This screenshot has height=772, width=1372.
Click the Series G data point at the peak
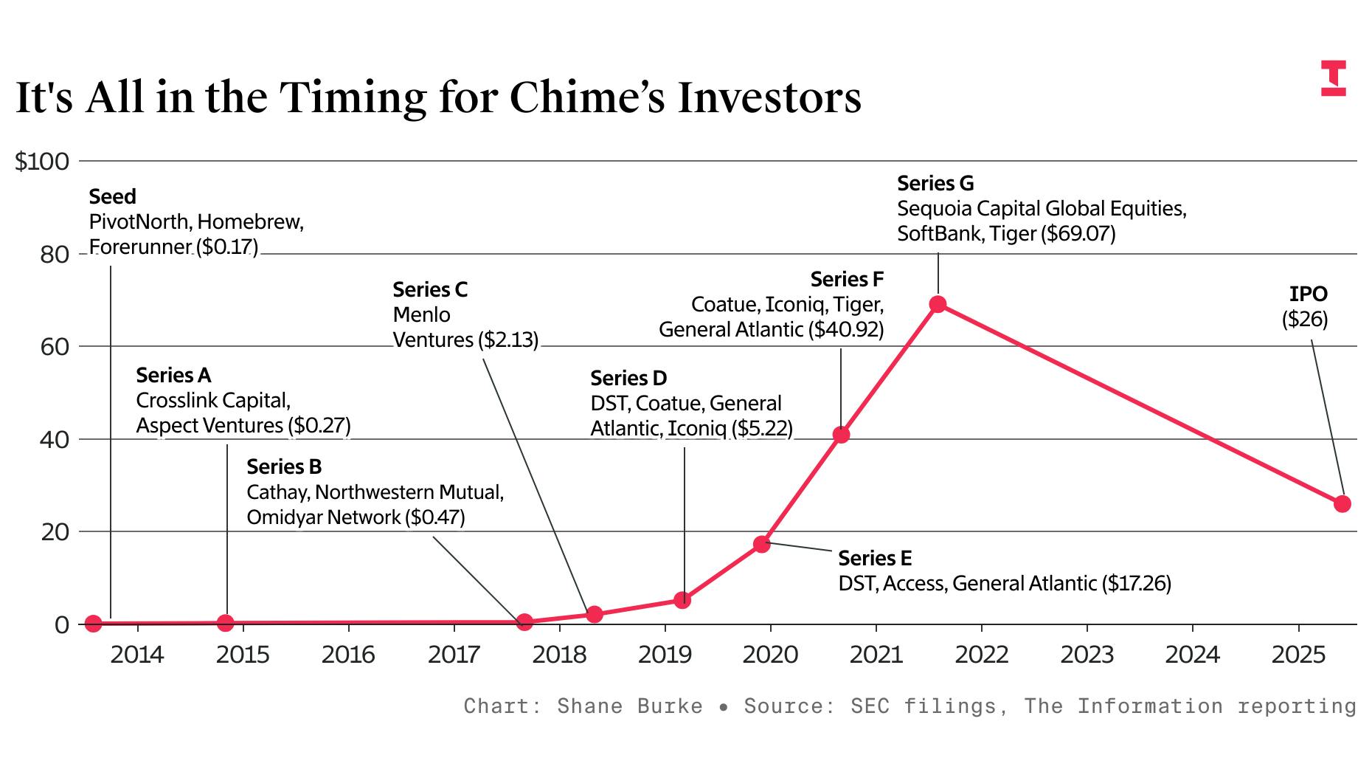pyautogui.click(x=938, y=304)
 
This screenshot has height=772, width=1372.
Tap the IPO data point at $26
pyautogui.click(x=1342, y=504)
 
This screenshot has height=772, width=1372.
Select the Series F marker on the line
pyautogui.click(x=841, y=435)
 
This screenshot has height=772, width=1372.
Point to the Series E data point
pyautogui.click(x=761, y=544)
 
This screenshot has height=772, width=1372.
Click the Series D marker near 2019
pyautogui.click(x=682, y=600)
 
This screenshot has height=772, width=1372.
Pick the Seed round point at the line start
pyautogui.click(x=93, y=624)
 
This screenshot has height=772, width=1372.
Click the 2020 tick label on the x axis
pyautogui.click(x=770, y=655)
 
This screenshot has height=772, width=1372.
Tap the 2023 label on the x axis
pyautogui.click(x=1087, y=655)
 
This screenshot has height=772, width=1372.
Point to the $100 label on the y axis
pyautogui.click(x=42, y=162)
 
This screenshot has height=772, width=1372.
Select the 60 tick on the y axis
pyautogui.click(x=55, y=347)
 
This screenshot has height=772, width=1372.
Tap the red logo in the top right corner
pyautogui.click(x=1333, y=78)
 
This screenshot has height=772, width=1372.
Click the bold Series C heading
pyautogui.click(x=430, y=289)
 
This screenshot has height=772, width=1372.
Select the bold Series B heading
pyautogui.click(x=284, y=466)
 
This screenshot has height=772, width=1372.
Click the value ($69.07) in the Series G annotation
pyautogui.click(x=1078, y=234)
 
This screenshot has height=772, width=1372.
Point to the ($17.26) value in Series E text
pyautogui.click(x=1136, y=584)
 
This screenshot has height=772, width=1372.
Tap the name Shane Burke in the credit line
pyautogui.click(x=629, y=706)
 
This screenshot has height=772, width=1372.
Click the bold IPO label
pyautogui.click(x=1308, y=294)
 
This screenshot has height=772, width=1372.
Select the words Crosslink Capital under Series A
pyautogui.click(x=212, y=401)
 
